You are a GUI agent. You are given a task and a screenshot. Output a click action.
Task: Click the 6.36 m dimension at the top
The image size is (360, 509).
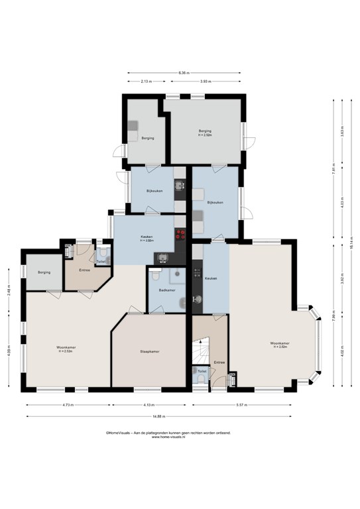pos(184,73)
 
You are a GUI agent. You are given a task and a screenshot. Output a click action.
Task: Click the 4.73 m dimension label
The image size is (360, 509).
pos(68,405)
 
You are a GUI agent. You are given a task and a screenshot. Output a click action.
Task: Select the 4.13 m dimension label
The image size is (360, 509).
pos(149,405)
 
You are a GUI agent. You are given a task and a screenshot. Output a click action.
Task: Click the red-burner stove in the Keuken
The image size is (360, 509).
pos(179,233)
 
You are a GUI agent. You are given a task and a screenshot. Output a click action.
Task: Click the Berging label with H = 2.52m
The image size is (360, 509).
pos(205,133)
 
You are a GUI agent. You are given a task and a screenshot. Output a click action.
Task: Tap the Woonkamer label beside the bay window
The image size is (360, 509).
pos(278,345)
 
